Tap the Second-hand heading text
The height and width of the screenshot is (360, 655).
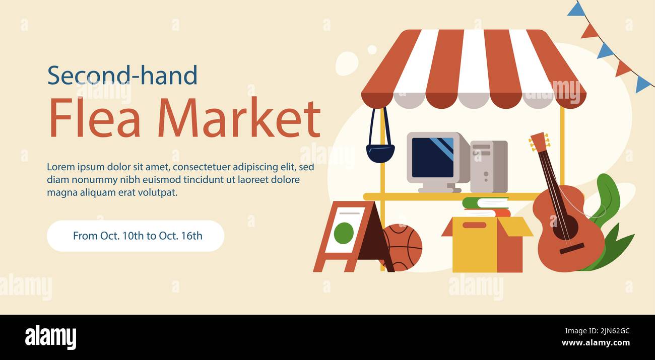coord(122,76)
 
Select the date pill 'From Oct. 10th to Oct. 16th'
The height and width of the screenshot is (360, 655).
coord(136,236)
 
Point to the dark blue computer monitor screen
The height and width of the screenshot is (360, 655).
coord(432,157)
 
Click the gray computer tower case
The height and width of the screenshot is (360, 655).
coord(488,166)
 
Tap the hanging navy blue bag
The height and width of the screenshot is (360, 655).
coord(380,153)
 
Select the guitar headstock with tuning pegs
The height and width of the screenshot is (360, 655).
coord(539,142)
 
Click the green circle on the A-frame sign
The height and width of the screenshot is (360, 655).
coord(344,233)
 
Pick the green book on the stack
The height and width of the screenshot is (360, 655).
coord(485,203)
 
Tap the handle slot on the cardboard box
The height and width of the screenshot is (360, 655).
coord(474,225)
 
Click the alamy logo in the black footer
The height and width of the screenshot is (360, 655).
coord(50,337)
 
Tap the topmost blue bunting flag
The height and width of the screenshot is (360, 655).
coord(576,10)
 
